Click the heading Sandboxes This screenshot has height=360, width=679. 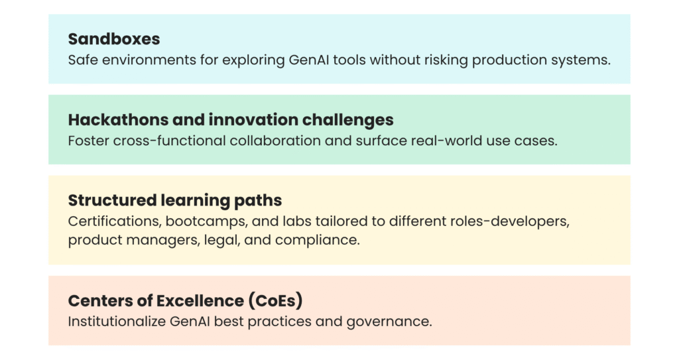coord(114,39)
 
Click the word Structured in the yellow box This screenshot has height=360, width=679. coord(112,200)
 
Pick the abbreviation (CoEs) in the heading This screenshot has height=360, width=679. coord(275,300)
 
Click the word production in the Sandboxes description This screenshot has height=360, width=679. coord(509,60)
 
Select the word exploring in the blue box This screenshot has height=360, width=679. coord(253,60)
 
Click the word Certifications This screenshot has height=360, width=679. coord(115,221)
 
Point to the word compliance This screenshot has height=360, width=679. coord(318,240)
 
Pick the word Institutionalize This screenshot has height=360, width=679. coord(117,322)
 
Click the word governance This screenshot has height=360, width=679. coord(389,322)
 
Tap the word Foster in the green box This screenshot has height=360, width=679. coord(88,141)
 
